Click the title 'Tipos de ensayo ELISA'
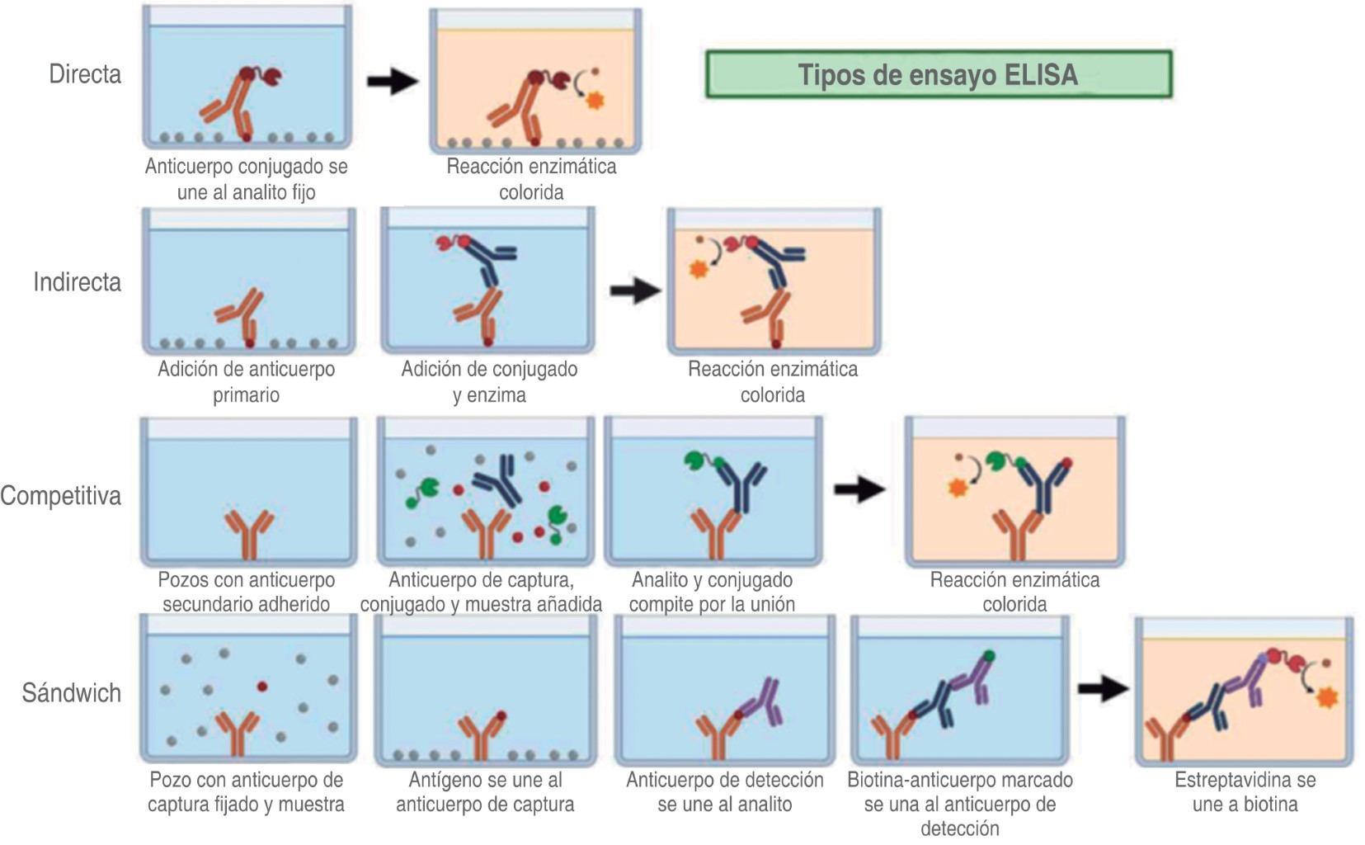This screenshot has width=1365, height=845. [938, 75]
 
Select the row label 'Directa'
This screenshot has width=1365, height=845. [85, 74]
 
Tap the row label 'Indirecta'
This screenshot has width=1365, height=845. [77, 282]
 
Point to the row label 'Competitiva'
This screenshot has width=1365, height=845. [61, 496]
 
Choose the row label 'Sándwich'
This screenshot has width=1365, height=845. [72, 692]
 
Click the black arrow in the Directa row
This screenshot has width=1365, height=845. [393, 80]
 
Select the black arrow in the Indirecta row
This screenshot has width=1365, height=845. [635, 290]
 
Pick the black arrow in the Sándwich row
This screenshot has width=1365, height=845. [1103, 687]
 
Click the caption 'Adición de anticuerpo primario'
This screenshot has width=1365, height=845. [246, 381]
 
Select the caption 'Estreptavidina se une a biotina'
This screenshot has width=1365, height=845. [1245, 791]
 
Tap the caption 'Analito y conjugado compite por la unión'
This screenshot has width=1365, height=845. [712, 592]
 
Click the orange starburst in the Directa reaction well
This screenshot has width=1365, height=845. [595, 101]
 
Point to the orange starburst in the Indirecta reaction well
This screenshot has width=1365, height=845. [699, 269]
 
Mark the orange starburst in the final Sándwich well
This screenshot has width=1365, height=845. [1327, 697]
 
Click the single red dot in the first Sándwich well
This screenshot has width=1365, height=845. [262, 686]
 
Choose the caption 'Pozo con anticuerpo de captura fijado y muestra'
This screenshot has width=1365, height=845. [246, 791]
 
